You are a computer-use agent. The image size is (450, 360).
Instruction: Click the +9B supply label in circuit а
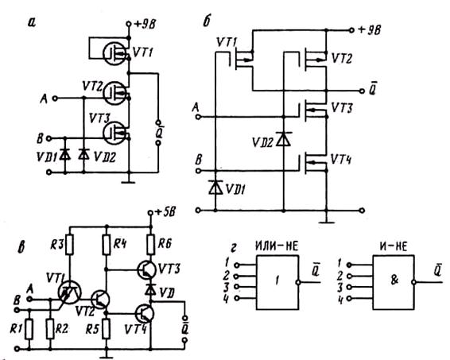pyautogui.click(x=145, y=25)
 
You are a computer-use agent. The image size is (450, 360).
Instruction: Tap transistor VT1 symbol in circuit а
pyautogui.click(x=115, y=53)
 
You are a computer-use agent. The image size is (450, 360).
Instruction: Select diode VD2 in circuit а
pyautogui.click(x=83, y=155)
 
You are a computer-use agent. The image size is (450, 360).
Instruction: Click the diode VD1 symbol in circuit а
pyautogui.click(x=65, y=155)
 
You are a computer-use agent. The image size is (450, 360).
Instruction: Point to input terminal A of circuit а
pyautogui.click(x=55, y=99)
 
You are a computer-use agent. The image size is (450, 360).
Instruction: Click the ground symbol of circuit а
pyautogui.click(x=128, y=182)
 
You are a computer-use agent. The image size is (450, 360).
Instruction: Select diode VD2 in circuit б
pyautogui.click(x=284, y=139)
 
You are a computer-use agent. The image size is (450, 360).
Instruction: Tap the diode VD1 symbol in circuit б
pyautogui.click(x=215, y=188)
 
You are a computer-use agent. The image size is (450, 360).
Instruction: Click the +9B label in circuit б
pyautogui.click(x=370, y=30)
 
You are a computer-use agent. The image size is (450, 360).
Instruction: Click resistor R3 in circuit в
pyautogui.click(x=69, y=245)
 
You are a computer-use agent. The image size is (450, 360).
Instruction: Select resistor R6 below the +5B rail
pyautogui.click(x=151, y=245)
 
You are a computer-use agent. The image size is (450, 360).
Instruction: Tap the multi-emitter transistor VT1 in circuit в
pyautogui.click(x=69, y=292)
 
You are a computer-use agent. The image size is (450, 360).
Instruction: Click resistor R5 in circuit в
pyautogui.click(x=107, y=329)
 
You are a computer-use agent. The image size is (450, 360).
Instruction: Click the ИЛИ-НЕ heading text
pyautogui.click(x=277, y=246)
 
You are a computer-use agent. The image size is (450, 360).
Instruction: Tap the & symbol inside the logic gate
pyautogui.click(x=394, y=281)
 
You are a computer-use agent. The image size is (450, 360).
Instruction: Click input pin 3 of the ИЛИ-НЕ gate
pyautogui.click(x=237, y=287)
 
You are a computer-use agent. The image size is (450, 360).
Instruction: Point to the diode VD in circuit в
pyautogui.click(x=150, y=290)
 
